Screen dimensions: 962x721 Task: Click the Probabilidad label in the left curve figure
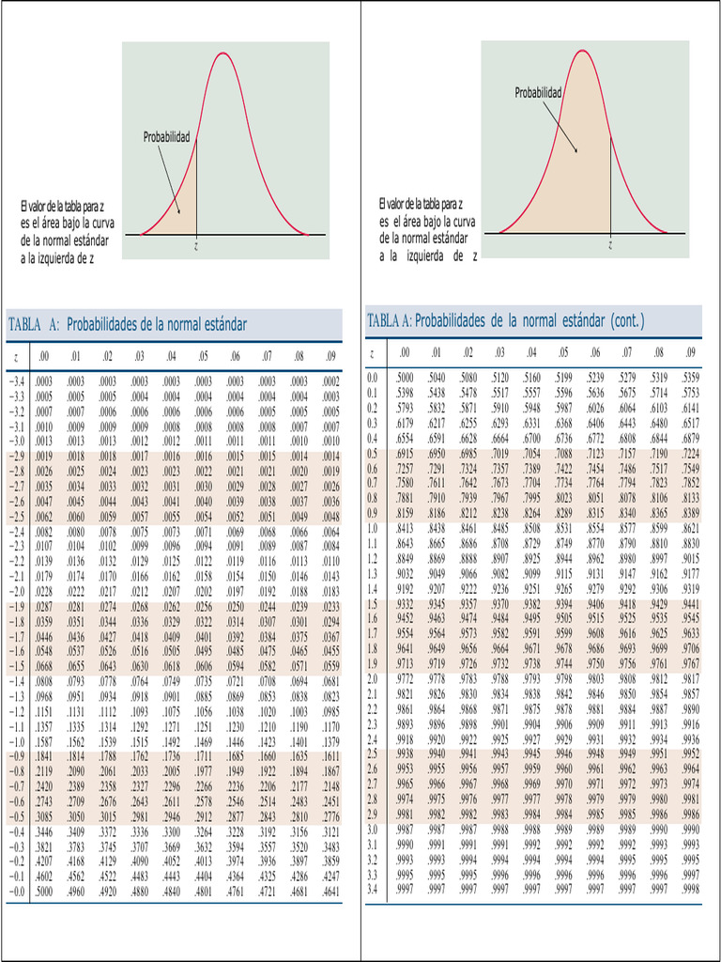166,138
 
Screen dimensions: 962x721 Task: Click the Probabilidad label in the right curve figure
538,93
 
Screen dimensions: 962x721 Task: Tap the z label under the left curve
197,245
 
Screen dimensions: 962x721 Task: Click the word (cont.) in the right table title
628,321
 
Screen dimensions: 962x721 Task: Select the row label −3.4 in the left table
17,382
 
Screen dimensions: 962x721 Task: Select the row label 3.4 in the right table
373,888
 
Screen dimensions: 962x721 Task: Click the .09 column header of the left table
330,356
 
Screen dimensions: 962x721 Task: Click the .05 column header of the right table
562,352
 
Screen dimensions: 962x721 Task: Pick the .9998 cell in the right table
691,888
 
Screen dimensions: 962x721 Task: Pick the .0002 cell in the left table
330,382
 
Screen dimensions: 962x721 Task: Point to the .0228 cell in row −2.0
44,591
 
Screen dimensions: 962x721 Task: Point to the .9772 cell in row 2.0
405,677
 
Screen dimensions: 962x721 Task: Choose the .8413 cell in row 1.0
405,528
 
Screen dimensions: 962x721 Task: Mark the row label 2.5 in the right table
373,753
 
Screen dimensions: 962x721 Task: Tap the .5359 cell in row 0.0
691,378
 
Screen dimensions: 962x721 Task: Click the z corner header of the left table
16,357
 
